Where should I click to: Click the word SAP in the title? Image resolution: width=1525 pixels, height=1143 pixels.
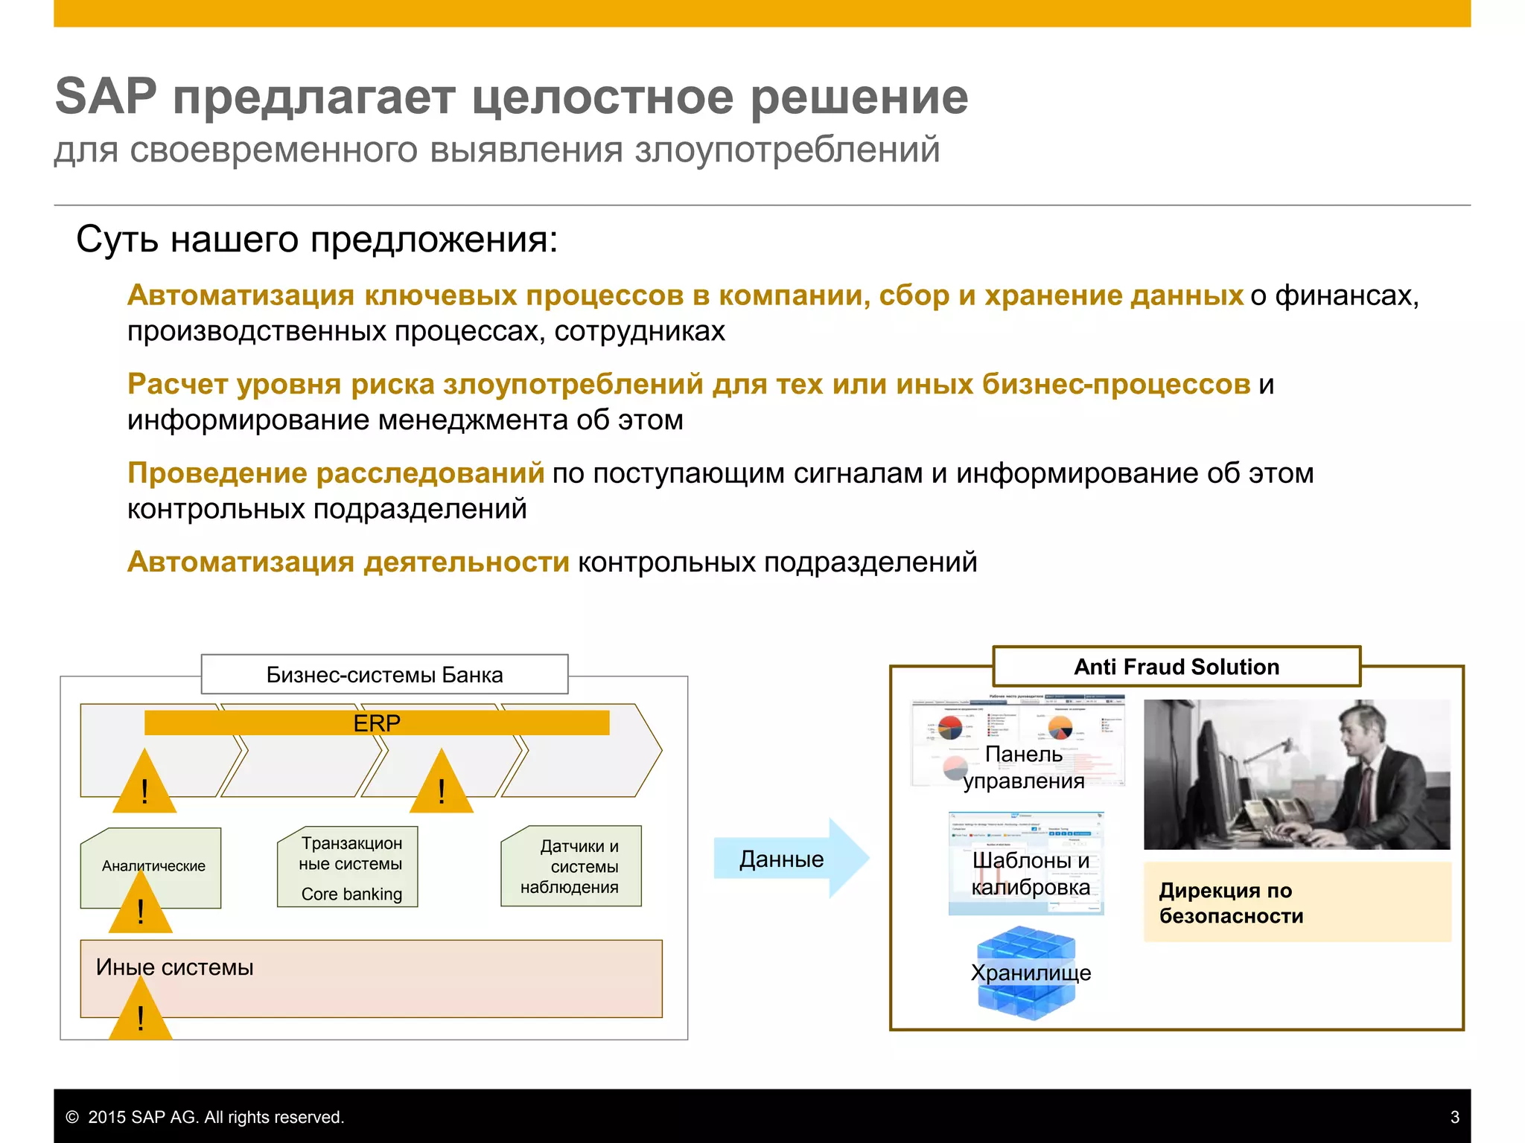(x=106, y=97)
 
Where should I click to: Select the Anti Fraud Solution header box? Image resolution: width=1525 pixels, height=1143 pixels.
(x=1176, y=667)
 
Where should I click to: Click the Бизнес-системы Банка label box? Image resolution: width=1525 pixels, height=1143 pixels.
(x=384, y=675)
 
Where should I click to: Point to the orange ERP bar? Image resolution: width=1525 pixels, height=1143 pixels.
(x=377, y=723)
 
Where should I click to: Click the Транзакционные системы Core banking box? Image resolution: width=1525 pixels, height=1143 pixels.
(x=348, y=868)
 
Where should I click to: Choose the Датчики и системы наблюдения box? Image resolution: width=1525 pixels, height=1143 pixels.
(x=572, y=866)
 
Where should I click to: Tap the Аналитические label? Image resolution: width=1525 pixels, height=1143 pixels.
(x=153, y=865)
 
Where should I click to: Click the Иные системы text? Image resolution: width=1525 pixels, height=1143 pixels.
(x=174, y=967)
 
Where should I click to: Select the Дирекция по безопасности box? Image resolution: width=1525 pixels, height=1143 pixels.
(x=1296, y=902)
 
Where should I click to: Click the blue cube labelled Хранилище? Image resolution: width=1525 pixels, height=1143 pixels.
(x=1027, y=973)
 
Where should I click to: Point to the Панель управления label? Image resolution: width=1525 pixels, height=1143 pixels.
(x=1023, y=767)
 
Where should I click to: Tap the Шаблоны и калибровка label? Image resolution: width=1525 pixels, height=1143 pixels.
(x=1030, y=874)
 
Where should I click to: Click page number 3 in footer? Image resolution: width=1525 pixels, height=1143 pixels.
(x=1454, y=1117)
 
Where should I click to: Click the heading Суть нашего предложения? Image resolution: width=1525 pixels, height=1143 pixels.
(x=316, y=240)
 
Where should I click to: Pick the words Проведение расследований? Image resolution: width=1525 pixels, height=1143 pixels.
(x=335, y=473)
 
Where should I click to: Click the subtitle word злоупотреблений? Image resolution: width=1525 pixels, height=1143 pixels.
(x=787, y=150)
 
